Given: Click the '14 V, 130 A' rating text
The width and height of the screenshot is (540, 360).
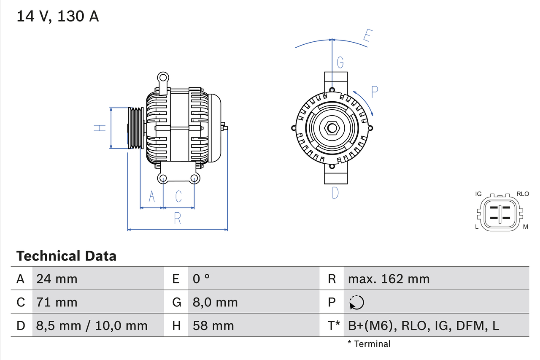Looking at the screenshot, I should pyautogui.click(x=58, y=16).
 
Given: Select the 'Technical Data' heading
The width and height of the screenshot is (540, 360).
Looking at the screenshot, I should pyautogui.click(x=66, y=256).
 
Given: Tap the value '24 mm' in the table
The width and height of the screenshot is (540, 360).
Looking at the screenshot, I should pyautogui.click(x=57, y=279).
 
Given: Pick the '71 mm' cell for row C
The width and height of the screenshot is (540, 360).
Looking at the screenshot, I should pyautogui.click(x=57, y=302).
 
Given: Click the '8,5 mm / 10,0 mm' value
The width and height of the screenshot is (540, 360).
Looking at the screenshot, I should pyautogui.click(x=92, y=325).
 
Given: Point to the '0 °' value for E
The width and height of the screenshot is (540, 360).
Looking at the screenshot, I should pyautogui.click(x=201, y=279).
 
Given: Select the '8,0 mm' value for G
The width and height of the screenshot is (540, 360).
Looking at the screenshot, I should pyautogui.click(x=215, y=302).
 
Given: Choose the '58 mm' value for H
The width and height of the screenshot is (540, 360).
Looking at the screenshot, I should pyautogui.click(x=213, y=325).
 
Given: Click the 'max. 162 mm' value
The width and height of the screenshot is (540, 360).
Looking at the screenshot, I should pyautogui.click(x=389, y=279).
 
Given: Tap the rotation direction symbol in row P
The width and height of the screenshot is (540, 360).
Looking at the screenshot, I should pyautogui.click(x=356, y=302).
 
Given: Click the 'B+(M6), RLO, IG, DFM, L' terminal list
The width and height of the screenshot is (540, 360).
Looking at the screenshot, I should pyautogui.click(x=423, y=325).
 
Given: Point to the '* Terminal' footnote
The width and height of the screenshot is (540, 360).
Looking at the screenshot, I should pyautogui.click(x=369, y=344).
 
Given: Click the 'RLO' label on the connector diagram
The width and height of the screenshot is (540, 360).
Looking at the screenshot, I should pyautogui.click(x=523, y=194).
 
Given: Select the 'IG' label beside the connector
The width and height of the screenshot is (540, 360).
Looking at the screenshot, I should pyautogui.click(x=478, y=194).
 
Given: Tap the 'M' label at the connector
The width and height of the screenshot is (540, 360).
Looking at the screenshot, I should pyautogui.click(x=526, y=227).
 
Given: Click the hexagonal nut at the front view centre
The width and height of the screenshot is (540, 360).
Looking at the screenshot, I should pyautogui.click(x=332, y=128).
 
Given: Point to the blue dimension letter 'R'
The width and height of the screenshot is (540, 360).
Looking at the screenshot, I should pyautogui.click(x=178, y=218).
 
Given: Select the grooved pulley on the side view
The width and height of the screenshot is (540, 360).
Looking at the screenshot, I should pyautogui.click(x=136, y=128).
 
